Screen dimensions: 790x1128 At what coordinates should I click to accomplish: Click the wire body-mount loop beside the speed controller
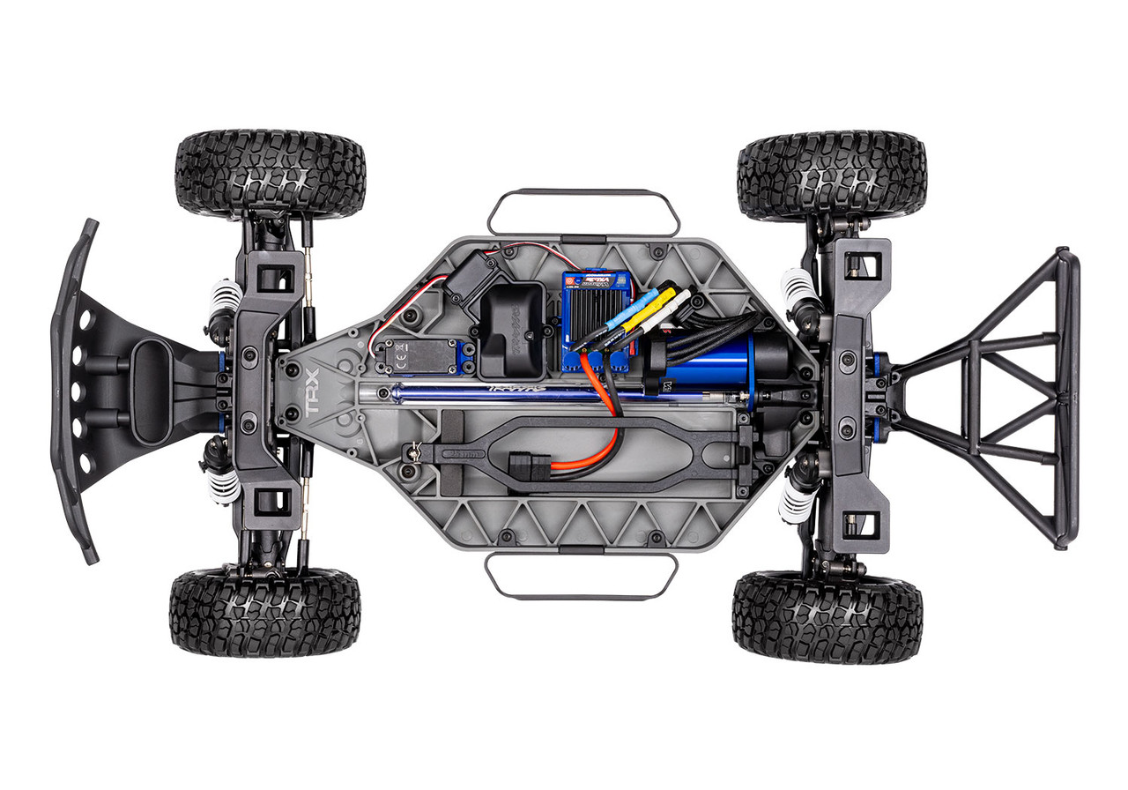(583, 211)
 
